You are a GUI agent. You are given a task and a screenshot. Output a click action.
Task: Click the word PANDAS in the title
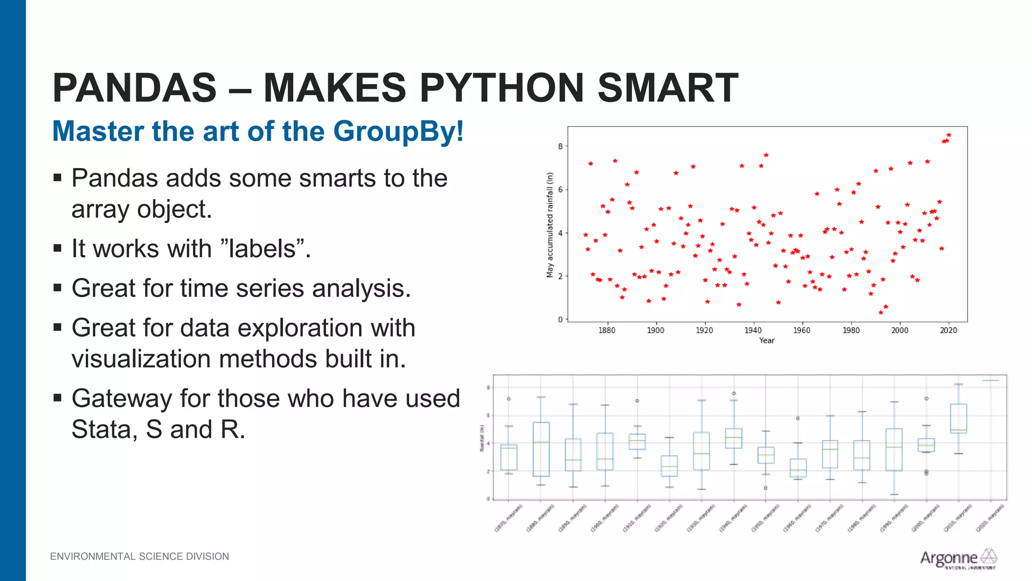pos(135,88)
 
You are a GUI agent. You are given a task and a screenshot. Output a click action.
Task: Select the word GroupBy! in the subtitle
pos(398,131)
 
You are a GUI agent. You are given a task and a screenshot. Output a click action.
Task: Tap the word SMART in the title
pos(667,88)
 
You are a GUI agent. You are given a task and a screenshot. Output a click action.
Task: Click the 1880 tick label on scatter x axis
pos(607,330)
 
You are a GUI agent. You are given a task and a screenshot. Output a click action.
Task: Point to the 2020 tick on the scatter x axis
pos(948,330)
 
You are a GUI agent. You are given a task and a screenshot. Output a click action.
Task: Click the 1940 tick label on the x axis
pos(753,330)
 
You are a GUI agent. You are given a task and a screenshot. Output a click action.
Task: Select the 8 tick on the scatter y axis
pos(560,146)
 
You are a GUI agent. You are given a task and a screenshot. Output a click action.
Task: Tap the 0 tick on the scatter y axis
pos(560,319)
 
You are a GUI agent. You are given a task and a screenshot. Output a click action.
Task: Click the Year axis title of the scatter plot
pos(766,340)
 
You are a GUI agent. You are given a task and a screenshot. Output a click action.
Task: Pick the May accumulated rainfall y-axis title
pos(550,225)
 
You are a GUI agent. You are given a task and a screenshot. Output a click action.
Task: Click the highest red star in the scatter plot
pos(949,135)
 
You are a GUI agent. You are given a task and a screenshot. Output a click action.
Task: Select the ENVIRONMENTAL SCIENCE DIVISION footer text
pos(140,556)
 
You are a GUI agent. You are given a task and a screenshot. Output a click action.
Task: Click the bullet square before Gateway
pos(57,398)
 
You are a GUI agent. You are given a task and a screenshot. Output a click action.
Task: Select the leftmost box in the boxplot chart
pos(509,457)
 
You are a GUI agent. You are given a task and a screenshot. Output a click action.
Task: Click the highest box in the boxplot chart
pos(958,418)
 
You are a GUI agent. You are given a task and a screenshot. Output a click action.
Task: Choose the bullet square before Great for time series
pos(57,288)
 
